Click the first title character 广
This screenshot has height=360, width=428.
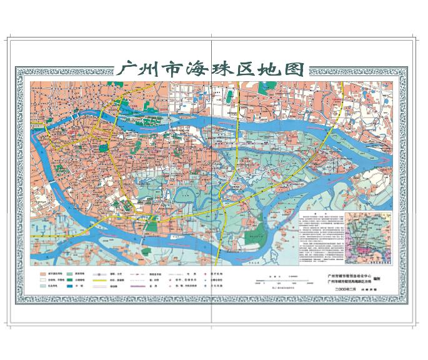[129, 69]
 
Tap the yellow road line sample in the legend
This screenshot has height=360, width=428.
[101, 282]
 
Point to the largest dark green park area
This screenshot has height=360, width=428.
[253, 237]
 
